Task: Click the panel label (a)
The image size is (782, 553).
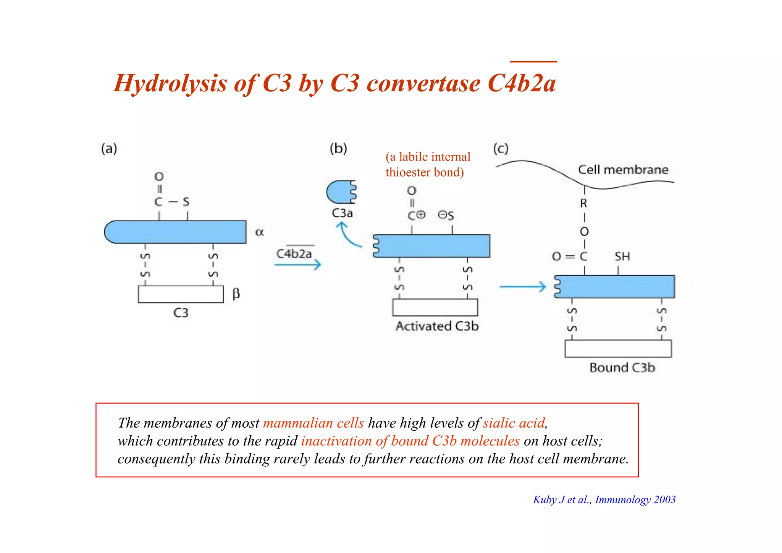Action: (109, 148)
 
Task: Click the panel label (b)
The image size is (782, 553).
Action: (338, 148)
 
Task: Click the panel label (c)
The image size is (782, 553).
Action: (501, 148)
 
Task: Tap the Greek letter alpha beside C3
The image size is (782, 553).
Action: (259, 232)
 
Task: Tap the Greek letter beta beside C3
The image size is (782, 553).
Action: (236, 294)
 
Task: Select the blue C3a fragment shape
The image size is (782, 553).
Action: (341, 192)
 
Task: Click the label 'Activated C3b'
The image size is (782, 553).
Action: (437, 326)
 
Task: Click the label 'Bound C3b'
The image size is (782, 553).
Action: (622, 367)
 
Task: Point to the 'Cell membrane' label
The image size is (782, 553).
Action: (623, 170)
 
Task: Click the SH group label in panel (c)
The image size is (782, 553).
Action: (622, 256)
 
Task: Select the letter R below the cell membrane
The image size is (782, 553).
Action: (583, 203)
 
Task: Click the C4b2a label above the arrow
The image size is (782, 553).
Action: (294, 253)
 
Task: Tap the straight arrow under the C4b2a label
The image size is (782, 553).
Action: (298, 264)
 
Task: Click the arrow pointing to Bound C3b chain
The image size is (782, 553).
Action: (523, 287)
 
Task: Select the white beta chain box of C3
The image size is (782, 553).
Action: (181, 294)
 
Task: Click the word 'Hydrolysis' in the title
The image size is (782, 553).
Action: (170, 83)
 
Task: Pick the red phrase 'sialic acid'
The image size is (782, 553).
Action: (514, 423)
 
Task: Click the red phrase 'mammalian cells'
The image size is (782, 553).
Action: (313, 423)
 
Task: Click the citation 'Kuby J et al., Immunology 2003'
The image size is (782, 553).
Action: (604, 500)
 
